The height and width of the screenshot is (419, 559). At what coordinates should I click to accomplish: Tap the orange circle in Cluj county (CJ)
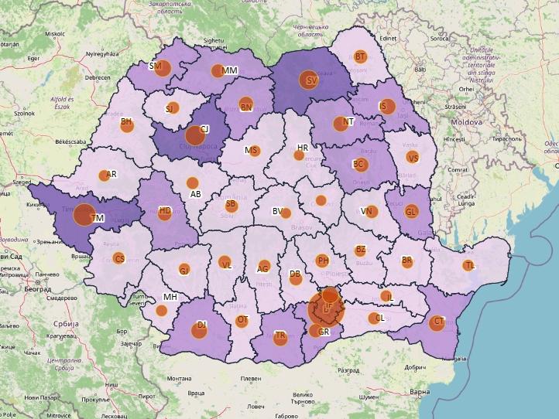tap(194, 135)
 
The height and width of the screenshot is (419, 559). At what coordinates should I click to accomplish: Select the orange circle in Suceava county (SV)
tap(307, 80)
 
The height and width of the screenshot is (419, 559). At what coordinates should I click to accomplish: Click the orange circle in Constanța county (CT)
tap(437, 323)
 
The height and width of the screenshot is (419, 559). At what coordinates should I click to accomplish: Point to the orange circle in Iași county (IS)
tap(387, 107)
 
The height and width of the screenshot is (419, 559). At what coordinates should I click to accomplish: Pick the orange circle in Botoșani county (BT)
tap(360, 56)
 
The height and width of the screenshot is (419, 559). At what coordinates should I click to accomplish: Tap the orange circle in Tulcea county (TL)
tap(468, 265)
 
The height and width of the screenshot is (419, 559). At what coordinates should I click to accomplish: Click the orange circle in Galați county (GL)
tap(411, 211)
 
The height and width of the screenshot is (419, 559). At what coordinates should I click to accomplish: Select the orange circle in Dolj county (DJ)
tap(201, 326)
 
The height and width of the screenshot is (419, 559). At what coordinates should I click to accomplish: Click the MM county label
tap(230, 70)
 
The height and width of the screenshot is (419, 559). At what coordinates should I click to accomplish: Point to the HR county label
tap(303, 148)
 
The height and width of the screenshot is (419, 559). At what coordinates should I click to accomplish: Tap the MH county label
tap(170, 297)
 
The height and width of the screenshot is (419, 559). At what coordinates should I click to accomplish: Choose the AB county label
tap(196, 194)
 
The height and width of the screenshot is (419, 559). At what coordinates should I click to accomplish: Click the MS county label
tap(250, 150)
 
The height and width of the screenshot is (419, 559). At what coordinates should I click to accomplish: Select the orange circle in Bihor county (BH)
tap(126, 123)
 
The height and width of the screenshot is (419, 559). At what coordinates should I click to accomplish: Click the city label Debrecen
tap(98, 77)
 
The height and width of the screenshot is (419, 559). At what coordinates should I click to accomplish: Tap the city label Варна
tap(419, 392)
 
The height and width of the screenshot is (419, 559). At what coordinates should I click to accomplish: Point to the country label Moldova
tap(467, 122)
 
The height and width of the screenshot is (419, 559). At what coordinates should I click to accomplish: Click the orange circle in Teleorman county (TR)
tap(280, 336)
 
